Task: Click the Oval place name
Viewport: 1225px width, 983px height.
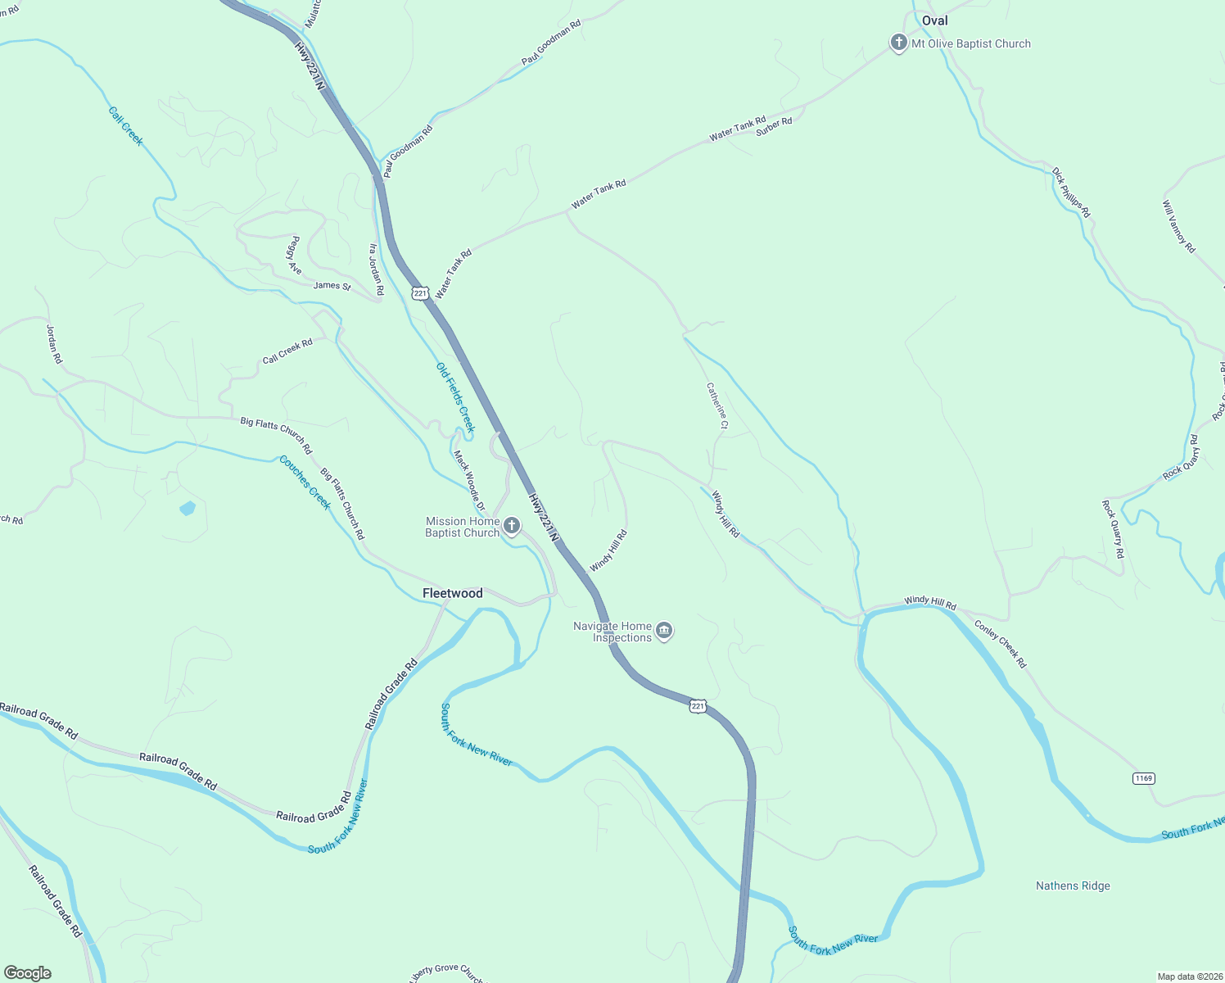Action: (x=934, y=20)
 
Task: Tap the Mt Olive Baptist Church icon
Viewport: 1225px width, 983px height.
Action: (x=898, y=43)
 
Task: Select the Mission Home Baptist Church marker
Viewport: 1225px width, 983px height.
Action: (x=512, y=526)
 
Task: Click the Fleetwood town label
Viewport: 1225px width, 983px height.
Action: (x=452, y=593)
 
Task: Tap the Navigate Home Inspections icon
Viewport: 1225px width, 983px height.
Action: (x=665, y=631)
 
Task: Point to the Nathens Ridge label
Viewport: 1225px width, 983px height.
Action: (x=1073, y=886)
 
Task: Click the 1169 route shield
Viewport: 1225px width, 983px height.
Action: (x=1143, y=777)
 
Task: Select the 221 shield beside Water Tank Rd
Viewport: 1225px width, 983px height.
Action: (x=420, y=292)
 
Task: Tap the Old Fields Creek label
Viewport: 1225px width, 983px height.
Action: (x=455, y=397)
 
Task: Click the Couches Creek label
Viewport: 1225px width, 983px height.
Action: (x=305, y=482)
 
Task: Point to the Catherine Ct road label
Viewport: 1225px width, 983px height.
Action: (x=717, y=405)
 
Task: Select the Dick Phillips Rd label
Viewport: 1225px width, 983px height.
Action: (x=1071, y=193)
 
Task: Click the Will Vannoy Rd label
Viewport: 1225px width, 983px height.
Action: (x=1179, y=227)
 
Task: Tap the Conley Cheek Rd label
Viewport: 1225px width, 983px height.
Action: (x=1000, y=644)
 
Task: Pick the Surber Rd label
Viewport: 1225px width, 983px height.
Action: (x=774, y=126)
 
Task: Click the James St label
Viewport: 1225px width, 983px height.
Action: (x=332, y=286)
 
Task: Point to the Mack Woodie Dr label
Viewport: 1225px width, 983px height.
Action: (x=469, y=481)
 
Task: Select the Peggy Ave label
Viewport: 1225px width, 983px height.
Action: (x=293, y=256)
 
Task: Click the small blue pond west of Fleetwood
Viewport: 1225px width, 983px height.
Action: (x=188, y=508)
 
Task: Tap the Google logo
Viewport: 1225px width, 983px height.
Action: (x=28, y=973)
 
